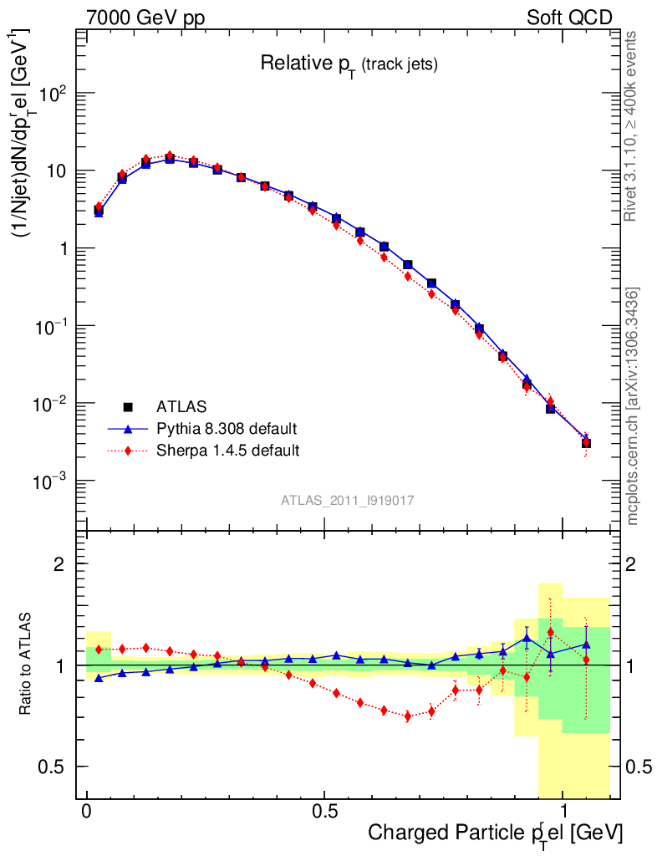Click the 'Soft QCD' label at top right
pyautogui.click(x=569, y=17)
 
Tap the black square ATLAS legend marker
pyautogui.click(x=128, y=407)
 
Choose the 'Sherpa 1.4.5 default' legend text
pyautogui.click(x=228, y=451)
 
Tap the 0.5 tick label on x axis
pyautogui.click(x=324, y=811)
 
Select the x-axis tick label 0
pyautogui.click(x=87, y=811)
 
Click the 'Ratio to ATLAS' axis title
pyautogui.click(x=26, y=665)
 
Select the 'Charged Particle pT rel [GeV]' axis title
pyautogui.click(x=495, y=833)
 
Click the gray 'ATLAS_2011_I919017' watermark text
pyautogui.click(x=348, y=500)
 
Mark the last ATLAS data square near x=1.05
pyautogui.click(x=587, y=443)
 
